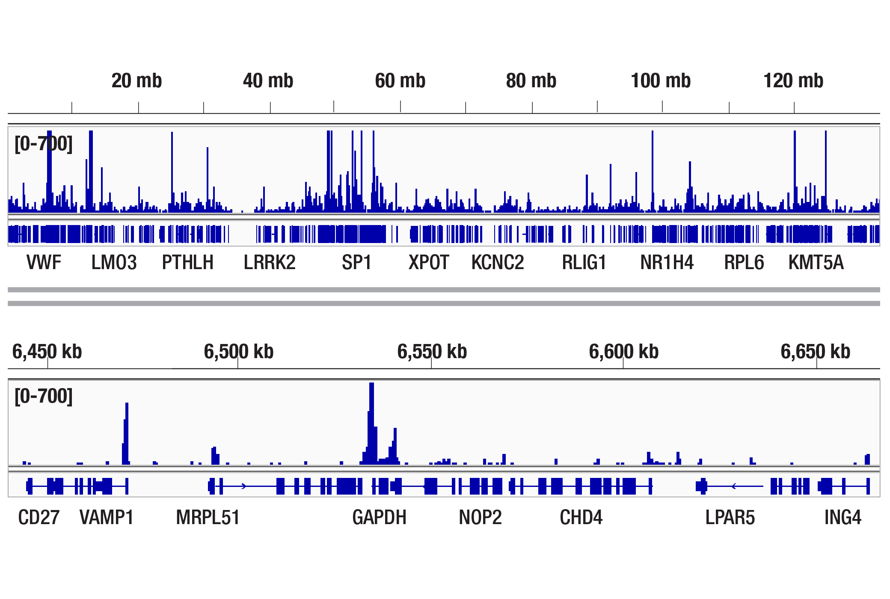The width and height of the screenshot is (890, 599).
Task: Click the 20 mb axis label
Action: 136,81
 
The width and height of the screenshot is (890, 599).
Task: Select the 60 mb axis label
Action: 400,81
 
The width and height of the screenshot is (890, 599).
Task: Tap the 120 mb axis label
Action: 793,81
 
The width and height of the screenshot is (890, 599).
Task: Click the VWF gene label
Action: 44,262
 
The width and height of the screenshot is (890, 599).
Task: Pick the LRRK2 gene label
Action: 270,262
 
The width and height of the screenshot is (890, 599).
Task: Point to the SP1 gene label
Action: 356,262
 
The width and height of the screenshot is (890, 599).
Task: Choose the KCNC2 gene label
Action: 498,262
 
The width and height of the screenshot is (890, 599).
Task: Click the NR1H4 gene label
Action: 667,262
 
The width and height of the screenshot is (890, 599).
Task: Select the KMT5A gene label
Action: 816,262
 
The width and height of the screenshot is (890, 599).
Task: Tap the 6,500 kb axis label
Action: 238,352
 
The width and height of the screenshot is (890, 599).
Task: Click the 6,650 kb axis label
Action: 815,352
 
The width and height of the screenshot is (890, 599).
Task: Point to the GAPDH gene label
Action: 379,517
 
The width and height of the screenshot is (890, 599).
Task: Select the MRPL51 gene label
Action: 208,517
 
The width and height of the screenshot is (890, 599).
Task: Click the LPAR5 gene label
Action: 730,517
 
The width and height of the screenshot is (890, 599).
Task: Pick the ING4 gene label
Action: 843,517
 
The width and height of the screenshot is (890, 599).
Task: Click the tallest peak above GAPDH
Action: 371,424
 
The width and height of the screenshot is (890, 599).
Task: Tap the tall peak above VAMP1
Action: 127,432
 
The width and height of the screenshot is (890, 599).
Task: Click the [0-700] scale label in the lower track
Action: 44,396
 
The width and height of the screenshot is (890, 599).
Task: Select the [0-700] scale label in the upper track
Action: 44,144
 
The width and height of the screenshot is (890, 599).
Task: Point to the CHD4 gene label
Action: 581,517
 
